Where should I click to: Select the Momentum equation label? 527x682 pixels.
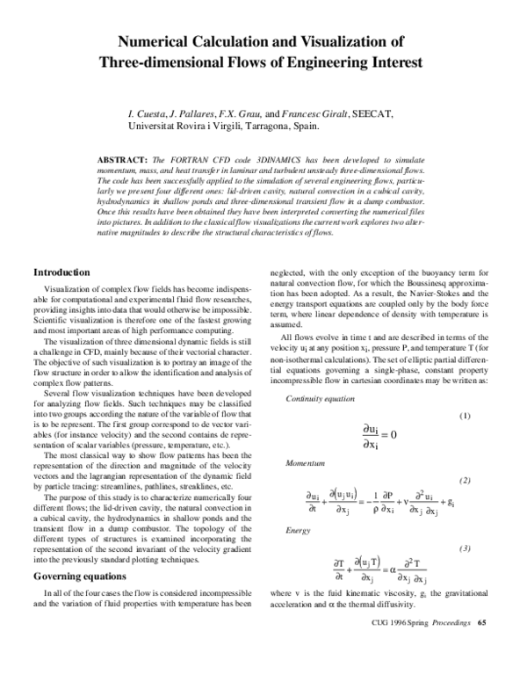303,461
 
